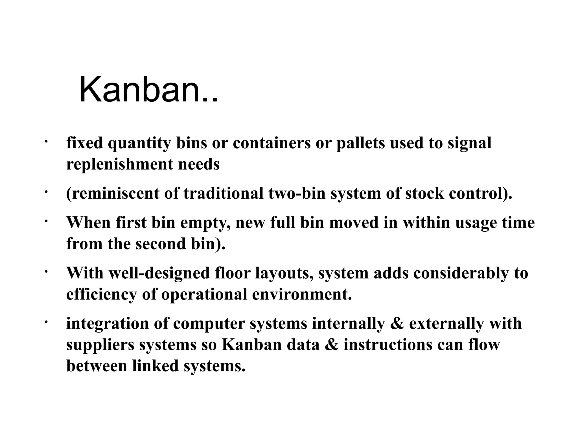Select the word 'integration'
pyautogui.click(x=107, y=324)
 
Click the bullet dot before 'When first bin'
pyautogui.click(x=46, y=222)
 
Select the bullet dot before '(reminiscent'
pyautogui.click(x=46, y=192)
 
